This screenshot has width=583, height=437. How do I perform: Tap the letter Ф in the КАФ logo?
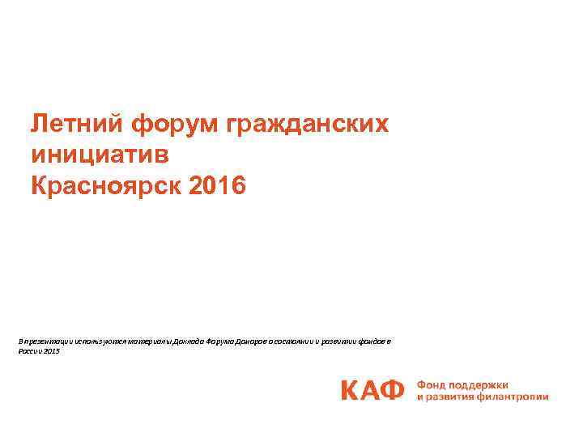[x=392, y=390]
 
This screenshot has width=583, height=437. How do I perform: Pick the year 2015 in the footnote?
[x=53, y=351]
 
